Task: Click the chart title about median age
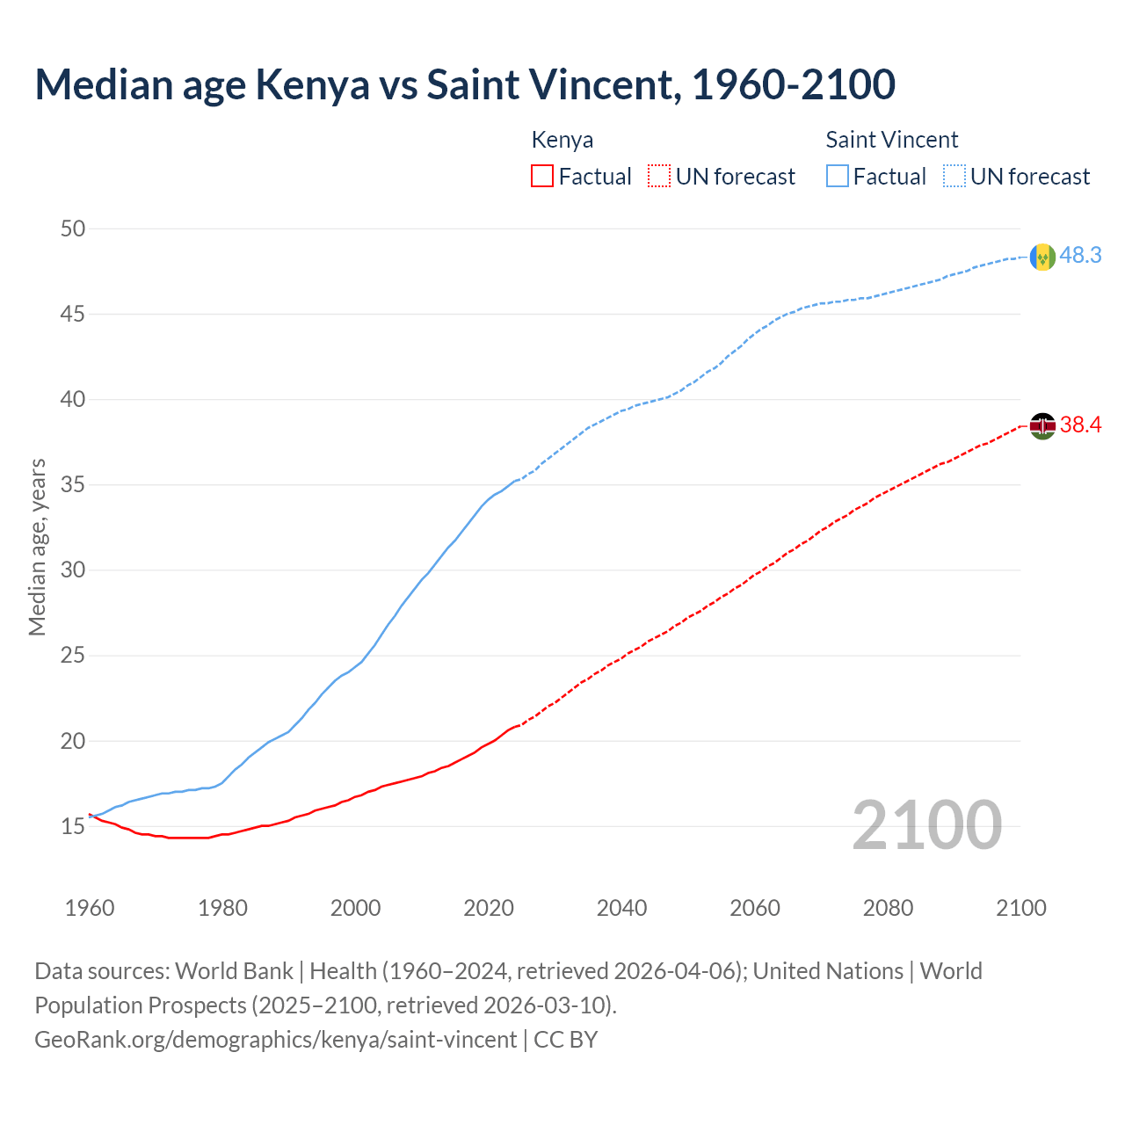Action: click(x=465, y=84)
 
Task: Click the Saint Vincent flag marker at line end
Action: click(x=1042, y=257)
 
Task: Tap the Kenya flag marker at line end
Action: click(x=1042, y=426)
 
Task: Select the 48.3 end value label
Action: click(x=1080, y=256)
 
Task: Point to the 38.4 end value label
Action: click(x=1080, y=425)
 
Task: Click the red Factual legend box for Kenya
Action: click(x=542, y=177)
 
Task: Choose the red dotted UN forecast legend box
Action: click(x=659, y=177)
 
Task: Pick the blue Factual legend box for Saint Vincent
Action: click(x=838, y=177)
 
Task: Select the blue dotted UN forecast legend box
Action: click(x=954, y=177)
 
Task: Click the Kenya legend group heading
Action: click(x=562, y=140)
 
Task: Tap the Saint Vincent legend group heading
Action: click(x=891, y=140)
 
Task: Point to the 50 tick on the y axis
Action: click(x=73, y=229)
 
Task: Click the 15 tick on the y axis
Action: click(x=73, y=826)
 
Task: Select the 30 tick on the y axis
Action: click(x=73, y=570)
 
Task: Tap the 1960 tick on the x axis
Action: click(x=90, y=908)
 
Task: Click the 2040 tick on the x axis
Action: click(x=621, y=908)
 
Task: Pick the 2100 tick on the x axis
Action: click(x=1020, y=908)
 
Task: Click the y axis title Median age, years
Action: click(x=37, y=547)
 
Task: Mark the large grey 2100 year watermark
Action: click(x=926, y=825)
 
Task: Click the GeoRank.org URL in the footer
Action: click(x=275, y=1040)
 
